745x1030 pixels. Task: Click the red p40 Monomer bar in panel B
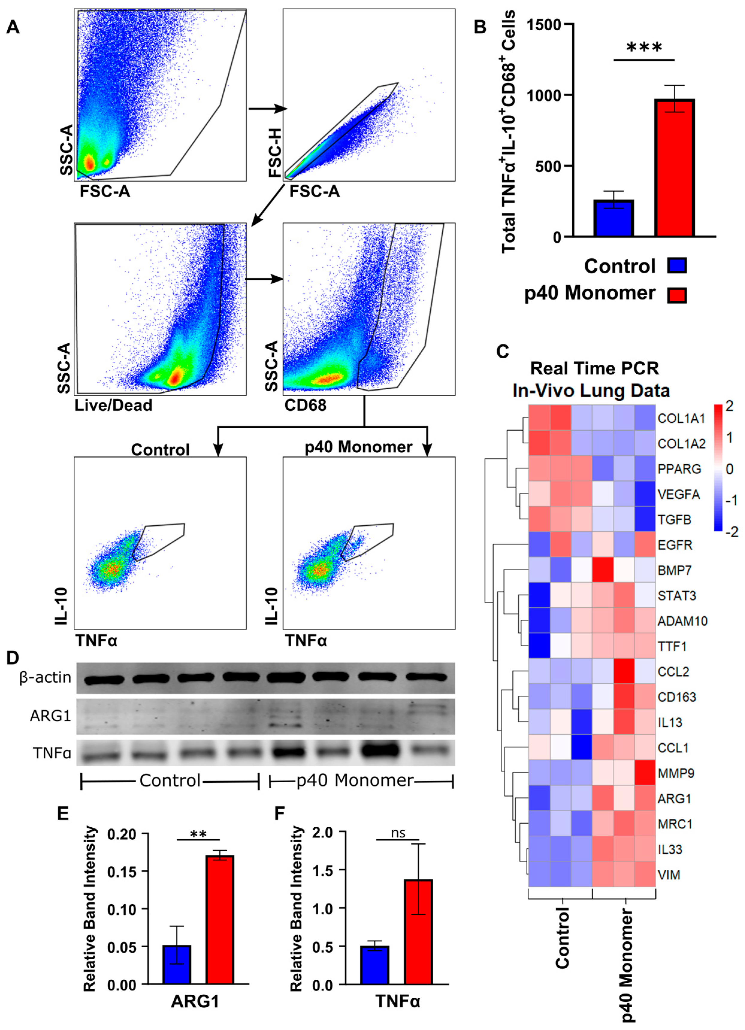point(675,168)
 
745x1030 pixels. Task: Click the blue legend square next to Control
point(677,265)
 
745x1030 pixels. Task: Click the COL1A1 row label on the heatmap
point(681,418)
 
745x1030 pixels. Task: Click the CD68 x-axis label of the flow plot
point(305,405)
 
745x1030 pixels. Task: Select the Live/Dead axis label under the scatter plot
point(113,405)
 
